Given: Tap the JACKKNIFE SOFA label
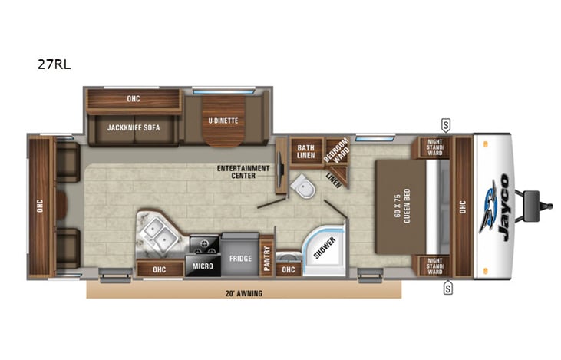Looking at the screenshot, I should pos(134,127).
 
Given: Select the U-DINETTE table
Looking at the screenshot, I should pos(223,121).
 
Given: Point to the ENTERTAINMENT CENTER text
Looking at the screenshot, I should pos(243,170).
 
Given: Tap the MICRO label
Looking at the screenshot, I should pos(203,267).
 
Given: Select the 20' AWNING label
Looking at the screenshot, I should pos(243,292).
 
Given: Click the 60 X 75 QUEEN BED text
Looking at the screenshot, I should pos(408,206).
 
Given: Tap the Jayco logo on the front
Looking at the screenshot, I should pos(496,208).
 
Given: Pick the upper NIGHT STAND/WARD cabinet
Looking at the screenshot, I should pos(434,147).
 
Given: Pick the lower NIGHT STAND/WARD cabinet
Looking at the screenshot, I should pos(434,266).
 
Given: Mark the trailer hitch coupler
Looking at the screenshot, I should pos(546,205).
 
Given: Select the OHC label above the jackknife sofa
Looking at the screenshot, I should pos(133,98).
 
